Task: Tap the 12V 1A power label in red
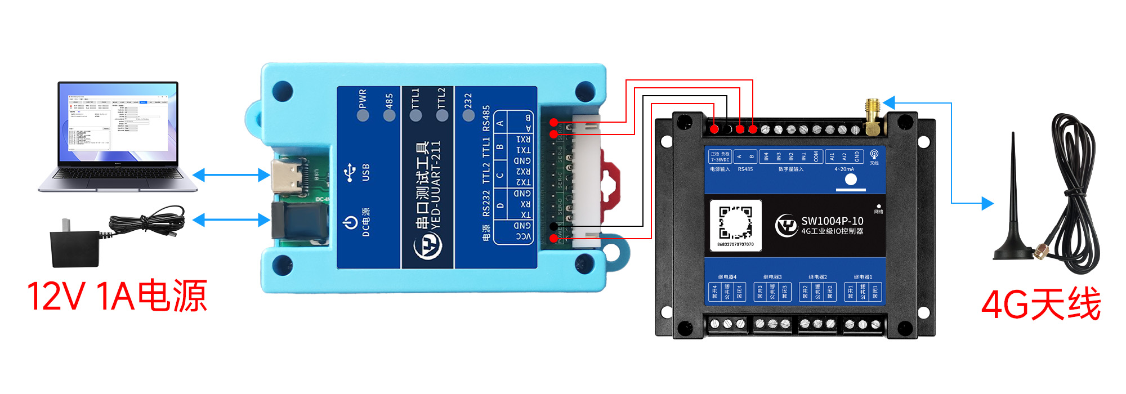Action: [x=117, y=296]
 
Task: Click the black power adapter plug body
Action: [x=75, y=248]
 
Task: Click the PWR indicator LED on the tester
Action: [x=363, y=115]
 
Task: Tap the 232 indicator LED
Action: [x=468, y=115]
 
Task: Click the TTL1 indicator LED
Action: [x=415, y=115]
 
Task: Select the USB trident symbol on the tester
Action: [x=350, y=173]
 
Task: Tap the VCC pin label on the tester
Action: [x=524, y=236]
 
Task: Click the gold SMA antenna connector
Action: [x=873, y=118]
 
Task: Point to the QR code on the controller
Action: [x=736, y=223]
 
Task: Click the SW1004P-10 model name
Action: [x=832, y=221]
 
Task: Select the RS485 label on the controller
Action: [x=745, y=169]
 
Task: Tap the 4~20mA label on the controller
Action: [x=844, y=169]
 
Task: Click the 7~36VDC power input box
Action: [x=720, y=156]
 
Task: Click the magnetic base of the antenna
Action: [x=1013, y=253]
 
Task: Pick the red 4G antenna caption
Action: [x=1040, y=305]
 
